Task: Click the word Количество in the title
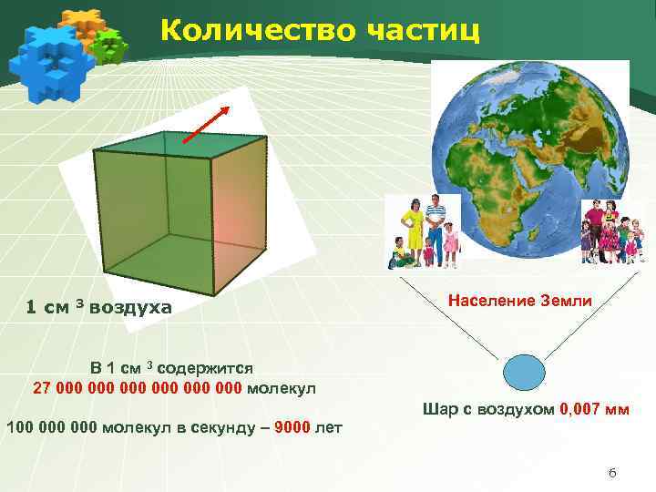pyautogui.click(x=247, y=29)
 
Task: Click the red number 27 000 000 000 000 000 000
pyautogui.click(x=138, y=388)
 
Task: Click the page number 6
pyautogui.click(x=612, y=472)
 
